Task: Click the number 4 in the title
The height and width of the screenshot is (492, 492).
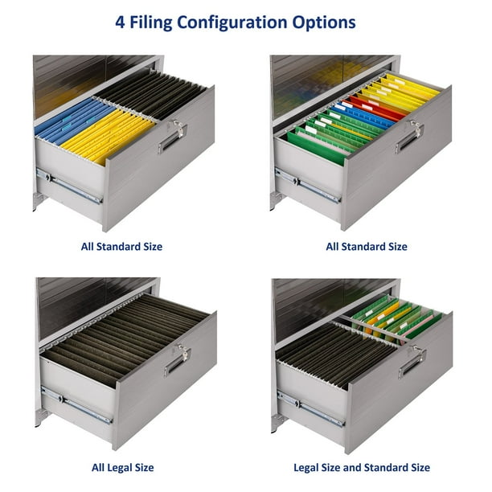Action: [120, 23]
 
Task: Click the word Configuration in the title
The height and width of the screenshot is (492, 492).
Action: [232, 23]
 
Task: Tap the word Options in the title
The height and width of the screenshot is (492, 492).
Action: [324, 23]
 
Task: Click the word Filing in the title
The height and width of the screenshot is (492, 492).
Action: [151, 23]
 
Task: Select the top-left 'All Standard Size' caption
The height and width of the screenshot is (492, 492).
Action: [121, 247]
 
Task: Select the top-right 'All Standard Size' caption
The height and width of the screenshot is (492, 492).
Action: [367, 247]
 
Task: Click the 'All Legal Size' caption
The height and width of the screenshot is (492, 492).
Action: [123, 468]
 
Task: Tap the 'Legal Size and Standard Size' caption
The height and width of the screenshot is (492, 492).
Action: [362, 468]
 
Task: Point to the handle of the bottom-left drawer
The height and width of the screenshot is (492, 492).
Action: [177, 363]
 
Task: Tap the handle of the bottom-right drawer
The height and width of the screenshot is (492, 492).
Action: [412, 363]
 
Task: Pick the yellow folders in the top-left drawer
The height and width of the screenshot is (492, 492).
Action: [108, 137]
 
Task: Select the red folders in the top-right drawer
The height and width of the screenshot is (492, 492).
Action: [376, 109]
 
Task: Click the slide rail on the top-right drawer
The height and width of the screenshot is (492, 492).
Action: [307, 185]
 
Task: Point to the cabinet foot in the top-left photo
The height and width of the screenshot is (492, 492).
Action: [39, 201]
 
